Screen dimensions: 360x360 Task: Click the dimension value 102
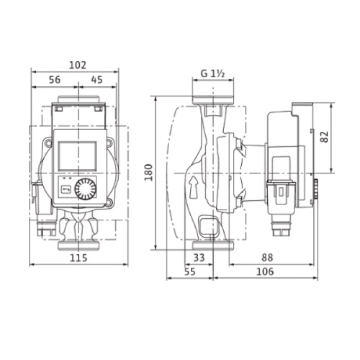pyautogui.click(x=77, y=65)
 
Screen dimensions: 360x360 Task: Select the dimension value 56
pyautogui.click(x=54, y=80)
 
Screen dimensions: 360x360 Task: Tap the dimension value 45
pyautogui.click(x=97, y=80)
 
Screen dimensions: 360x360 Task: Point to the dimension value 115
pyautogui.click(x=78, y=257)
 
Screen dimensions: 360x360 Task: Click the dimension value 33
pyautogui.click(x=198, y=257)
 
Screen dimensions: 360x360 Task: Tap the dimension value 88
pyautogui.click(x=267, y=257)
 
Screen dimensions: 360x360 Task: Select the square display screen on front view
pyautogui.click(x=77, y=156)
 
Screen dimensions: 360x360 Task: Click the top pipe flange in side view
pyautogui.click(x=212, y=100)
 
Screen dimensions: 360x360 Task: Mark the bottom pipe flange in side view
pyautogui.click(x=212, y=245)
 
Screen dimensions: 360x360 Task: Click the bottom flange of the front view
pyautogui.click(x=78, y=246)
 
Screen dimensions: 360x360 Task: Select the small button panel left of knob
pyautogui.click(x=67, y=188)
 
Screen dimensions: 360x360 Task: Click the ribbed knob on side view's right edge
pyautogui.click(x=316, y=190)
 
